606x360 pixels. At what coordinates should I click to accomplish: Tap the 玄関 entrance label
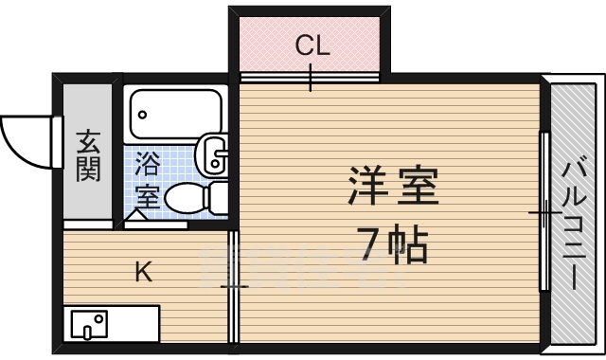[x=88, y=156]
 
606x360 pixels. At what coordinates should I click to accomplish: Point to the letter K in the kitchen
[x=142, y=274]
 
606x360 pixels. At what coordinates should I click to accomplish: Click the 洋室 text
[x=394, y=187]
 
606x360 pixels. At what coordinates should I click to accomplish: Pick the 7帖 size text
[x=394, y=244]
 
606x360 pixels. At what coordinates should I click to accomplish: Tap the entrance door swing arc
[x=26, y=140]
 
